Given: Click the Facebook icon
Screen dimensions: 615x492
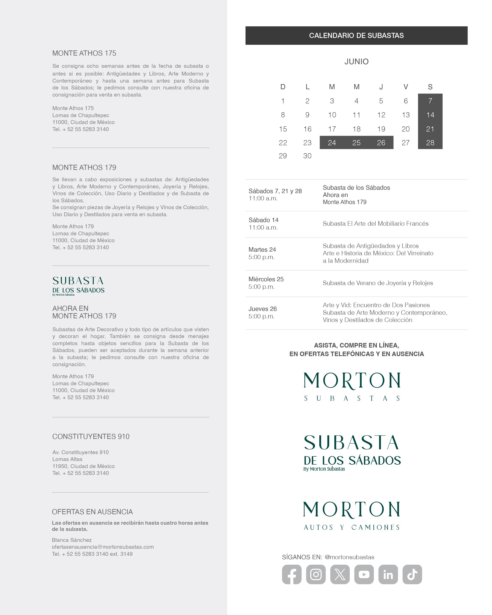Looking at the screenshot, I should (291, 574).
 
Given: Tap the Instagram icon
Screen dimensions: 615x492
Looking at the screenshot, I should (316, 574).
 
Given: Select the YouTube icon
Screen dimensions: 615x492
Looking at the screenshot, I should (364, 574).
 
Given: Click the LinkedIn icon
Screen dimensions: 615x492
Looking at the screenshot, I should (388, 574).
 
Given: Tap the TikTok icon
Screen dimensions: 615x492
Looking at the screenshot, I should (412, 574).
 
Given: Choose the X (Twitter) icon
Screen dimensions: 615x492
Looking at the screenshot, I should (340, 574).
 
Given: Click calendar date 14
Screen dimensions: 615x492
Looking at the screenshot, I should (430, 115).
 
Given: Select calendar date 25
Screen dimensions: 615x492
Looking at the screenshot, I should (356, 143).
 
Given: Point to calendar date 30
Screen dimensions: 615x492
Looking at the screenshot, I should (307, 156).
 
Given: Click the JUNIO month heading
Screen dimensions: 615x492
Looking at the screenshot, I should (356, 61).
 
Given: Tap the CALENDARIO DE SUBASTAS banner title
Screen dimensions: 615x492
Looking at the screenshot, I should (356, 35).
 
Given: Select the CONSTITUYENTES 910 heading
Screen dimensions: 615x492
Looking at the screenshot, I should (91, 437).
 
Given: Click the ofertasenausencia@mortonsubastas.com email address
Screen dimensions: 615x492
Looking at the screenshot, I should (103, 547).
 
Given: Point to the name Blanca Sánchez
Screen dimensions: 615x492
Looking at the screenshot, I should (72, 540).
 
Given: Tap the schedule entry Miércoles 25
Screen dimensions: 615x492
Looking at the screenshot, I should (266, 279).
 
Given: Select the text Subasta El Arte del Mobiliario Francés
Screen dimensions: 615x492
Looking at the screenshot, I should (375, 224).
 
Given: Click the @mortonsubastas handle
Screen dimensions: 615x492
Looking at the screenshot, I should (349, 557).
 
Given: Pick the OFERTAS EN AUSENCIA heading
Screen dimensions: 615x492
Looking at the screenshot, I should (92, 512).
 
